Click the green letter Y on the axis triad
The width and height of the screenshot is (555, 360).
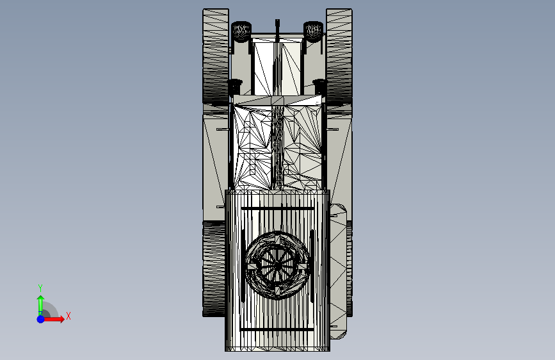pos(40,288)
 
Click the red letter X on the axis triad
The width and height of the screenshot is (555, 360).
pos(68,316)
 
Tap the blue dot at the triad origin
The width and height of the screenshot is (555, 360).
pos(41,319)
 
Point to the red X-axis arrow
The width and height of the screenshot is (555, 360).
pos(54,319)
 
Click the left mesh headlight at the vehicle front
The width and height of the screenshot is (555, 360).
pos(241,31)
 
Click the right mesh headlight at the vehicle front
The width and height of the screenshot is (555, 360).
pos(313,31)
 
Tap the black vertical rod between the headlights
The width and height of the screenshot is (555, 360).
pos(277,31)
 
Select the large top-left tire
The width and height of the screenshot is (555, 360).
pos(216,56)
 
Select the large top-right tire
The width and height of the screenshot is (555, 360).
pos(339,56)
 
